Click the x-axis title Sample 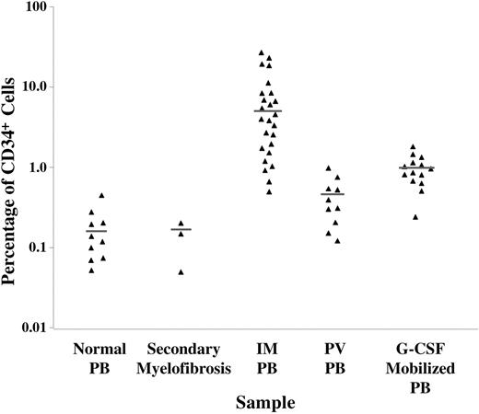tap(265, 402)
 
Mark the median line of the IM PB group tap(268, 110)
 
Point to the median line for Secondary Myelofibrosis tap(181, 229)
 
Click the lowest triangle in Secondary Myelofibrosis tap(181, 272)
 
